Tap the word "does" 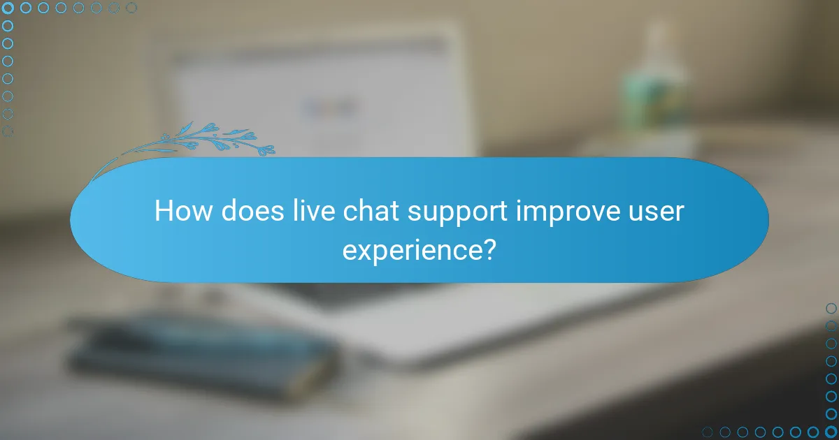pyautogui.click(x=243, y=212)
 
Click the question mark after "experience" pyautogui.click(x=489, y=249)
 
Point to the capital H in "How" pyautogui.click(x=164, y=212)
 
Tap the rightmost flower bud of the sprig pyautogui.click(x=267, y=149)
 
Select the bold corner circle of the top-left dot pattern pyautogui.click(x=8, y=8)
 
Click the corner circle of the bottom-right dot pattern pyautogui.click(x=831, y=432)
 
